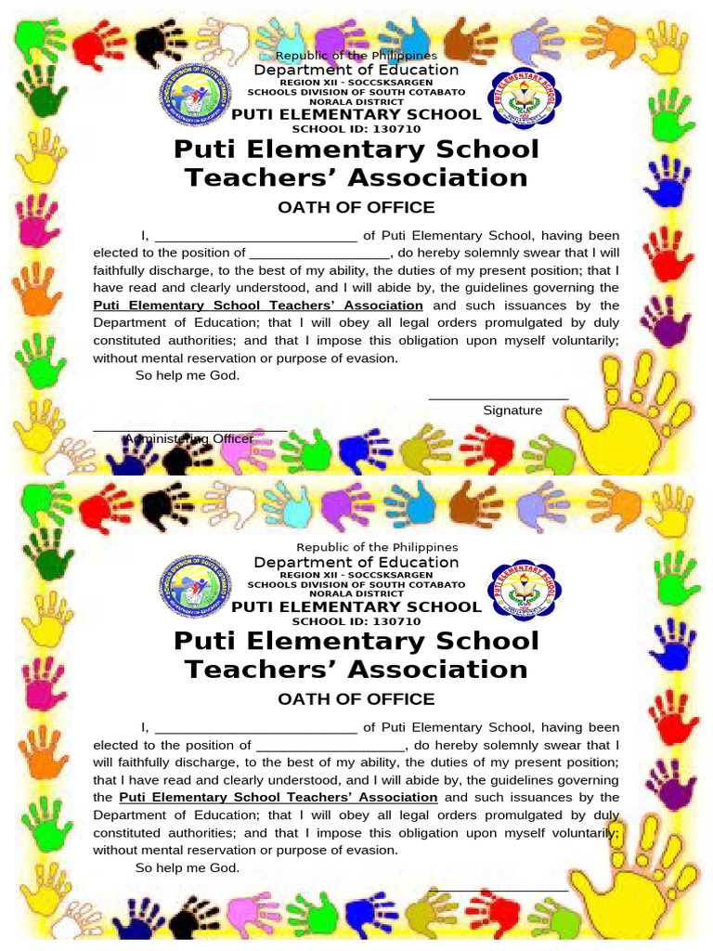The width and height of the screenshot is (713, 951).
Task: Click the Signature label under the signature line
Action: pos(512,410)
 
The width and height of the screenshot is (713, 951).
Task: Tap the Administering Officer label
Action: pos(189,438)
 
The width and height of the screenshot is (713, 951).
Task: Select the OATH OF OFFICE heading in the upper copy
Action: pos(356,207)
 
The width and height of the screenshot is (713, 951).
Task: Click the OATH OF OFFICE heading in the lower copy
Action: pos(356,698)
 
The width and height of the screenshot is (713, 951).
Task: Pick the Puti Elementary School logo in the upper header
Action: pos(525,98)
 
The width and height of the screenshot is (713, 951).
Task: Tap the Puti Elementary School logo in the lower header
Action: pos(525,590)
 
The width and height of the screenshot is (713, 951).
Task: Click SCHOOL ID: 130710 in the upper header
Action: pos(356,129)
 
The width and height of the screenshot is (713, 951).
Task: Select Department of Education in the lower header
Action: pos(356,562)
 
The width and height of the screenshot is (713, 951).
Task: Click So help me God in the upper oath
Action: pos(188,376)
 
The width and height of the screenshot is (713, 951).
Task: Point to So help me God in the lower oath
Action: pos(188,868)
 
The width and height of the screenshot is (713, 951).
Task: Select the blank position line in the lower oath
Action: pos(330,745)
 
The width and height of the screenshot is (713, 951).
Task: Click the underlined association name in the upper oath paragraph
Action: pos(258,306)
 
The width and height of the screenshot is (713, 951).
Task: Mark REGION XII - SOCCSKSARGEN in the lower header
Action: pos(356,575)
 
